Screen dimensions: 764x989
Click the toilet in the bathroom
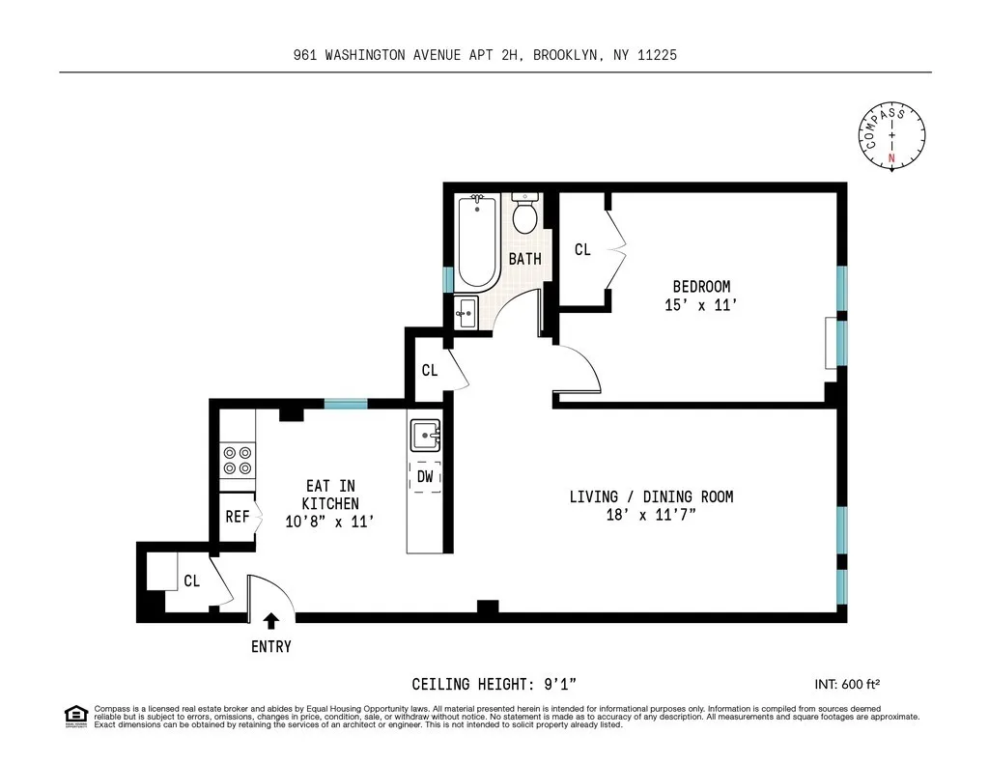(525, 214)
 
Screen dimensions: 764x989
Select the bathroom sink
(466, 311)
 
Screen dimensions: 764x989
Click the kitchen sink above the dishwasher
(425, 436)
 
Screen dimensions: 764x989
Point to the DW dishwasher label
(425, 476)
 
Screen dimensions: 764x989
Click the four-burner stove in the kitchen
(238, 460)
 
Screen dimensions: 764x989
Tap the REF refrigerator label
(238, 517)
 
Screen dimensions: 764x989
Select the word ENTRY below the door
(271, 647)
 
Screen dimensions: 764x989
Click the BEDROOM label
(701, 287)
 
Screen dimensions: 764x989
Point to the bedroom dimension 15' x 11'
(701, 305)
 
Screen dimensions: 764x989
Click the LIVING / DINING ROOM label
(651, 496)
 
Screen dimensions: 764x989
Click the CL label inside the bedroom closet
(582, 250)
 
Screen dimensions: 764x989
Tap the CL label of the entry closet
(191, 581)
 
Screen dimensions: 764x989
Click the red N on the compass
(891, 157)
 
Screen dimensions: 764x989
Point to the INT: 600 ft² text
(847, 684)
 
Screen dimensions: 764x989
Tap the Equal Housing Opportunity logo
(74, 716)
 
